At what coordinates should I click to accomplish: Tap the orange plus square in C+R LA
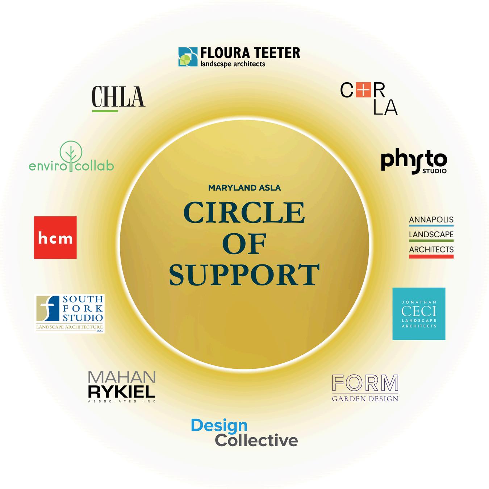[363, 90]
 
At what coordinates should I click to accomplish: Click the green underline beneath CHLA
[105, 110]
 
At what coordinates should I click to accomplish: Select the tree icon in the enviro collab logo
[71, 154]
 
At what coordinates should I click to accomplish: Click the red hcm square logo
[55, 238]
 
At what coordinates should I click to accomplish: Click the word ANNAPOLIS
[431, 220]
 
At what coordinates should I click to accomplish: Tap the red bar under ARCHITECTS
[431, 256]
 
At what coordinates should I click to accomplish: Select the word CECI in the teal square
[419, 311]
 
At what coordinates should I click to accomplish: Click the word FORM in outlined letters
[365, 383]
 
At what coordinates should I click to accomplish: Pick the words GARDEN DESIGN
[365, 399]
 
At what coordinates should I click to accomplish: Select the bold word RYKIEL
[122, 392]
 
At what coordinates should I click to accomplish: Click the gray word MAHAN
[122, 377]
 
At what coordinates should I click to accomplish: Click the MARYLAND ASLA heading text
[244, 188]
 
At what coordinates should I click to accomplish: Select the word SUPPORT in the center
[244, 275]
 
